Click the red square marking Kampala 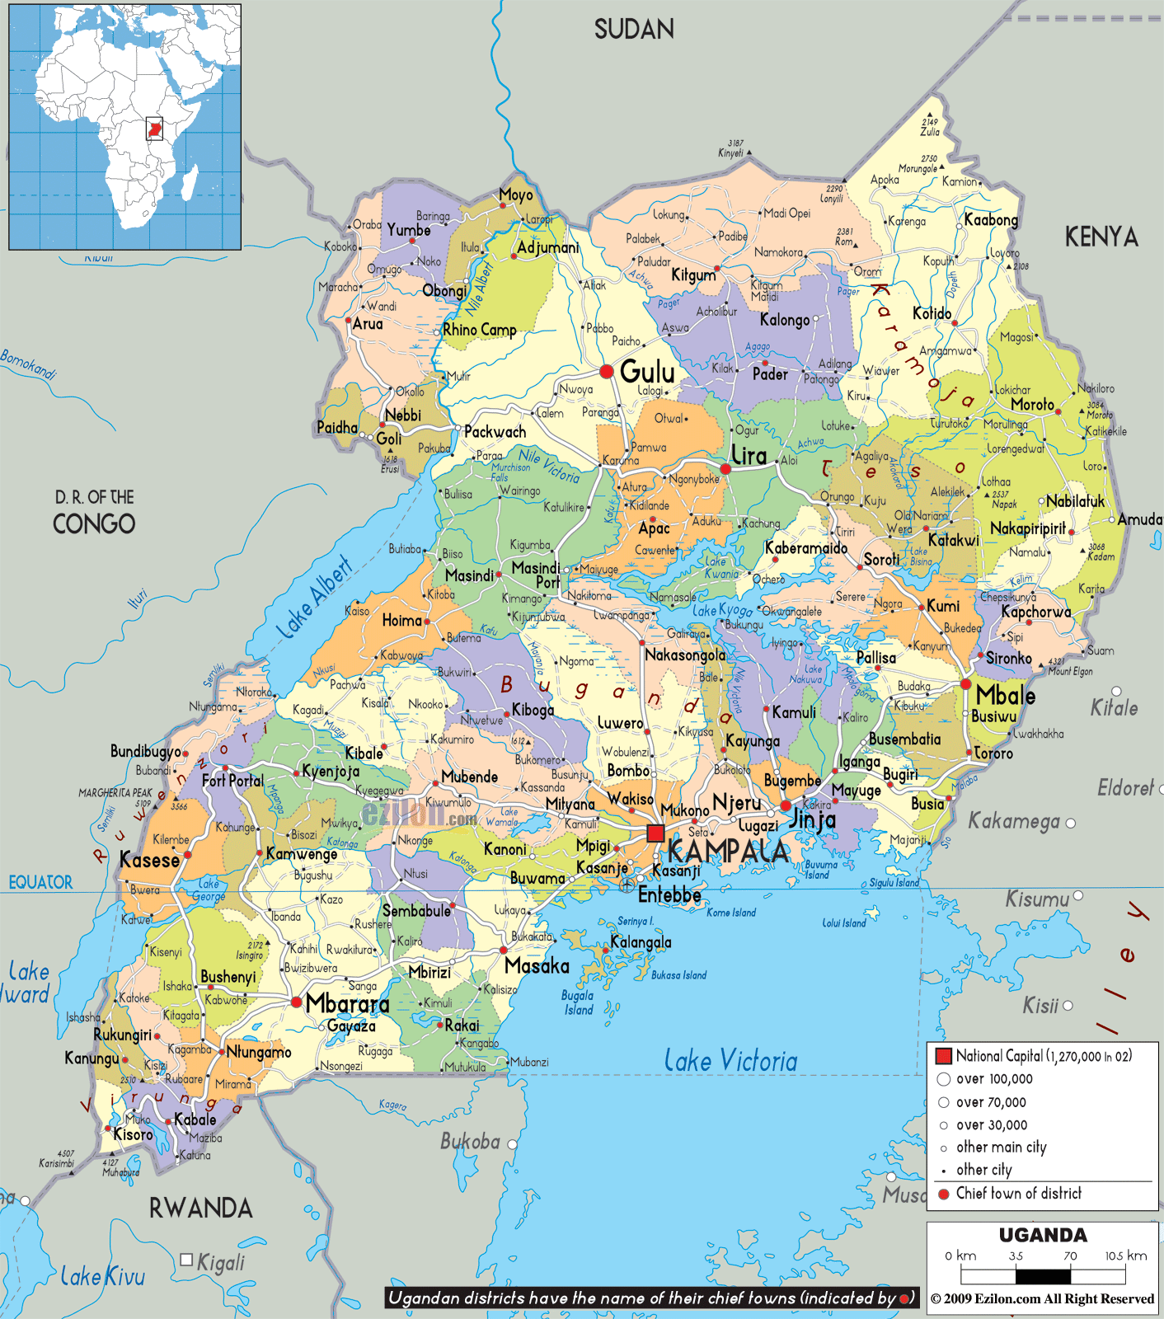point(655,833)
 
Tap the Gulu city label point(647,372)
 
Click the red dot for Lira point(725,469)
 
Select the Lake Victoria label point(730,1061)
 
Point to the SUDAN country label point(634,30)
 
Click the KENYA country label point(1101,237)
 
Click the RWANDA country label point(200,1209)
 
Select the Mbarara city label point(347,1003)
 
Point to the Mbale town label point(1006,695)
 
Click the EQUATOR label point(40,882)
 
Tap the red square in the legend point(944,1056)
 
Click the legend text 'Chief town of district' point(1018,1193)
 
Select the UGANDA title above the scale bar point(1043,1235)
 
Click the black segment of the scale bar point(1043,1276)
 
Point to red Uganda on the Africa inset point(154,129)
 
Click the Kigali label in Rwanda point(220,1262)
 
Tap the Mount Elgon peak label point(1070,672)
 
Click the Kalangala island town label point(641,942)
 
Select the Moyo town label point(516,195)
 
